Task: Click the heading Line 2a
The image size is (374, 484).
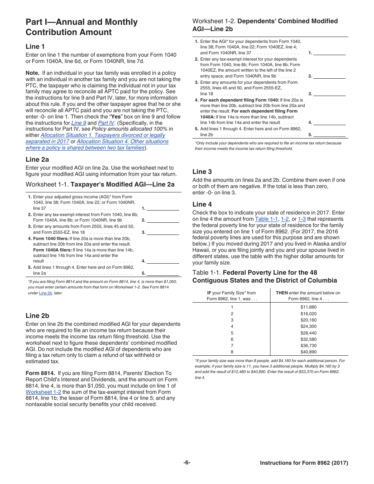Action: [x=37, y=159]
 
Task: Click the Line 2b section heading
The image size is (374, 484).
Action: [x=37, y=316]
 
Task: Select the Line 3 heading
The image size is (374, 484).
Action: [x=202, y=172]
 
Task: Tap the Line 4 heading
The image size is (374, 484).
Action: [x=202, y=204]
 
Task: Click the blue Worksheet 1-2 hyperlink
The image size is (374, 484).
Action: [x=43, y=392]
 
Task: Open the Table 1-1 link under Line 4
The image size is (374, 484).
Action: [x=267, y=219]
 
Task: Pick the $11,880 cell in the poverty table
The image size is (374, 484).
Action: [x=308, y=307]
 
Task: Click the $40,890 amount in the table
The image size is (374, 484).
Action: [x=308, y=352]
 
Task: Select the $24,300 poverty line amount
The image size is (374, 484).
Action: [x=308, y=326]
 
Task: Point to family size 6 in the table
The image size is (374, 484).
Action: [x=232, y=339]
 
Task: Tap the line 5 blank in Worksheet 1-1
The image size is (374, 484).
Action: [x=163, y=273]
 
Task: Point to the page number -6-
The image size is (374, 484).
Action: [x=187, y=463]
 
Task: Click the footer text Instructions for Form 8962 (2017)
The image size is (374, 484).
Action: [x=304, y=463]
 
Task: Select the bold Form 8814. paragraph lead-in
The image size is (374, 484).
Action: [x=40, y=373]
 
